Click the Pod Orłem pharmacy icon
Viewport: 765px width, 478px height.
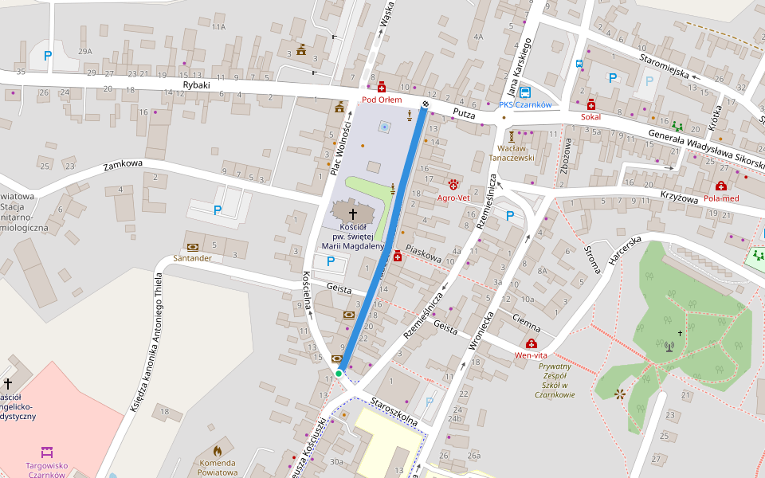(382, 87)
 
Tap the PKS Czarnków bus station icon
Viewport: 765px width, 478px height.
(525, 92)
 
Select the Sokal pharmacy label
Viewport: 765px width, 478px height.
(590, 117)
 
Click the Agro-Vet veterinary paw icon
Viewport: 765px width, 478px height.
(453, 184)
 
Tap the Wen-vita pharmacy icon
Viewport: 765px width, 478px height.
(531, 343)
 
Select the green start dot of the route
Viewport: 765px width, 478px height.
(339, 373)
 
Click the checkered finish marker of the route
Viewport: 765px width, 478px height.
(426, 104)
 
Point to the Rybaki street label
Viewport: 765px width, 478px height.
(196, 84)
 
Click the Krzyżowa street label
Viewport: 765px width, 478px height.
(678, 196)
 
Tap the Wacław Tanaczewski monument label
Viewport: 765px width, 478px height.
(510, 153)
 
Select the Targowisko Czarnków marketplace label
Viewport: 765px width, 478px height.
(46, 470)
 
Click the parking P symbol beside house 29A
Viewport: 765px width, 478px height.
(48, 56)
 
